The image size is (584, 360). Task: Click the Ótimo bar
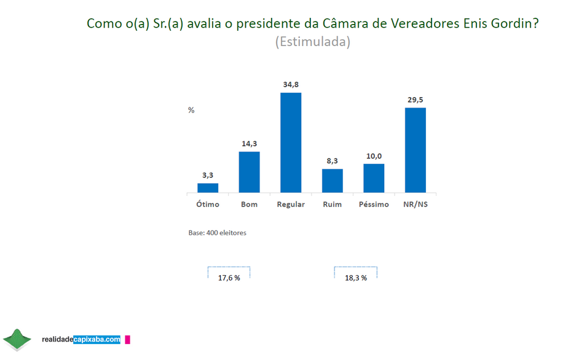tap(208, 188)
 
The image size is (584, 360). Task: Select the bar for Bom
tap(249, 172)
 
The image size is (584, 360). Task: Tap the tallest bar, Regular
tap(291, 143)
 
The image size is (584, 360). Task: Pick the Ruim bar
tap(332, 181)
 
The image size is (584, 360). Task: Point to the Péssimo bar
tap(374, 178)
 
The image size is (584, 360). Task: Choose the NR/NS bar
tap(415, 150)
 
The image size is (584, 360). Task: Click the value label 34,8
tap(291, 84)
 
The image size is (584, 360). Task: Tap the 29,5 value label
tap(415, 99)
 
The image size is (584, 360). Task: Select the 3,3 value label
tap(208, 175)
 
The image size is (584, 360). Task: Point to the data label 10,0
tap(374, 155)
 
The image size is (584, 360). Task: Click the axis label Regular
tap(291, 205)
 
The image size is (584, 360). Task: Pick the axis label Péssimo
tap(374, 205)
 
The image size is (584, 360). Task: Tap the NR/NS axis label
tap(415, 205)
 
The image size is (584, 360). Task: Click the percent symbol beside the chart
tap(191, 110)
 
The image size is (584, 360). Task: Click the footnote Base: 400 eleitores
tap(217, 233)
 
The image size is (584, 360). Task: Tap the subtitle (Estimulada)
tap(313, 42)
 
